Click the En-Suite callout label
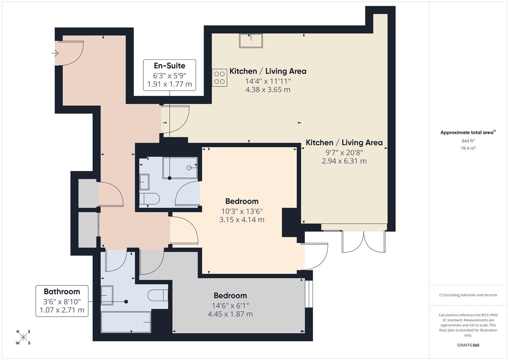169,75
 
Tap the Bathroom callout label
62,301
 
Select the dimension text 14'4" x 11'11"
268,81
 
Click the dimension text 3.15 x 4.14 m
242,220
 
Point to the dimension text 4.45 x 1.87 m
230,314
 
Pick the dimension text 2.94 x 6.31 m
344,161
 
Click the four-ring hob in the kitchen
219,78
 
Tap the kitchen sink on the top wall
251,41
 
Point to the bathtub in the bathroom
126,322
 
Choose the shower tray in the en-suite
180,168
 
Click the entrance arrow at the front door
55,53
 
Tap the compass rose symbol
23,337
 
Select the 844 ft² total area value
468,141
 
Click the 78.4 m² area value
468,148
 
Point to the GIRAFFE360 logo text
468,345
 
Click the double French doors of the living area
364,241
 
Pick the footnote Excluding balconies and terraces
468,295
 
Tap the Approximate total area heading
468,133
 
